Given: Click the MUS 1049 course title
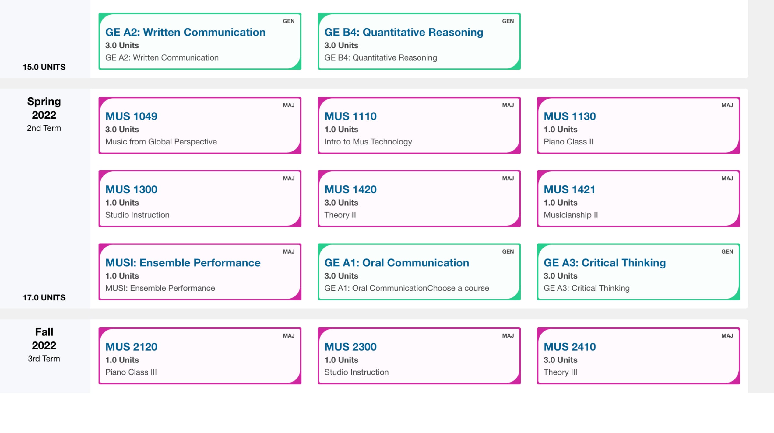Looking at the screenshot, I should click(x=131, y=116).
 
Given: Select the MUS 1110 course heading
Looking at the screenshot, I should click(x=350, y=116).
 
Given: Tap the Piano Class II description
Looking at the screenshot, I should click(x=568, y=142).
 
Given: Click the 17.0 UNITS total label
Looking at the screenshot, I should click(x=44, y=297).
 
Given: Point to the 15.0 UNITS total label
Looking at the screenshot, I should click(x=44, y=67).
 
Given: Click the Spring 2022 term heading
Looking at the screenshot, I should click(x=44, y=108).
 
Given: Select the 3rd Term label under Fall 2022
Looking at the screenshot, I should click(x=44, y=359).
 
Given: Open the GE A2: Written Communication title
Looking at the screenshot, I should click(x=185, y=32).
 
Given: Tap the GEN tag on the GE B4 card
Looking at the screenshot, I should click(x=508, y=21).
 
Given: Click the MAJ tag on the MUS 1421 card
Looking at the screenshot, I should click(x=727, y=178).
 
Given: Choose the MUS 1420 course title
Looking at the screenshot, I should click(x=350, y=189).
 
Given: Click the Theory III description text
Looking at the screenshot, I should click(x=560, y=372).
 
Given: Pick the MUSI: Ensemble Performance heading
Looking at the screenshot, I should click(x=183, y=263).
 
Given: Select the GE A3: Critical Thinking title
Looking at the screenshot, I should click(x=604, y=263).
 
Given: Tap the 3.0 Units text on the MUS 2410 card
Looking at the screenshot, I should click(x=560, y=360).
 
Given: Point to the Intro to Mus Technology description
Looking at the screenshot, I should click(x=368, y=142).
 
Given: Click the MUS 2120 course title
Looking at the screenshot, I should click(x=131, y=347).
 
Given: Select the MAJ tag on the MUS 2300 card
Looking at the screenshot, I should click(x=508, y=336).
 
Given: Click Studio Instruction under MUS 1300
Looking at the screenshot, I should click(x=137, y=215).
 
